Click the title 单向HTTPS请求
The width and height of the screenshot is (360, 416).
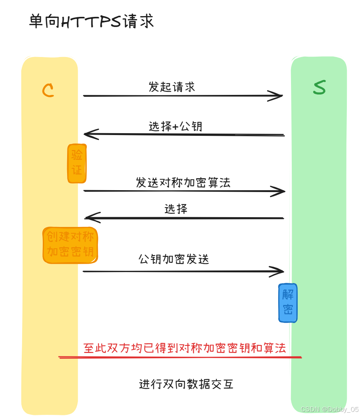tap(91, 22)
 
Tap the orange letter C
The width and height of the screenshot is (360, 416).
tap(48, 90)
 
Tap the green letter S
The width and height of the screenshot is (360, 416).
tap(319, 87)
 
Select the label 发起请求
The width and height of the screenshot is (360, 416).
tap(172, 87)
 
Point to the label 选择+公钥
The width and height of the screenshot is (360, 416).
tap(175, 126)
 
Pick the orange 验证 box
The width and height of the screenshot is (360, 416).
tap(77, 163)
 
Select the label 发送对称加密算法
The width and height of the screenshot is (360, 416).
tap(183, 183)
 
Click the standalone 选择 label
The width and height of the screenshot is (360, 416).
tap(176, 209)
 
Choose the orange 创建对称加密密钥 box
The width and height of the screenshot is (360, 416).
tap(70, 245)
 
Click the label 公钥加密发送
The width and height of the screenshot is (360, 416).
tap(174, 259)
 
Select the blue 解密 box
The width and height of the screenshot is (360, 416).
tap(288, 303)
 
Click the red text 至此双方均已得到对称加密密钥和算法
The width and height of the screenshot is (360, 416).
tap(184, 348)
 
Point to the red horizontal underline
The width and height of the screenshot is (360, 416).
tap(180, 357)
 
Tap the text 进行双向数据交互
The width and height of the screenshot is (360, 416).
tap(186, 384)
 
